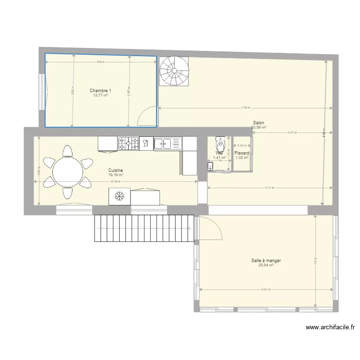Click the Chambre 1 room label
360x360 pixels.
pyautogui.click(x=100, y=91)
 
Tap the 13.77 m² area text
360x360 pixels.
pyautogui.click(x=100, y=95)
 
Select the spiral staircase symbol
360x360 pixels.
pyautogui.click(x=174, y=71)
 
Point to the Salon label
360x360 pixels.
pyautogui.click(x=258, y=123)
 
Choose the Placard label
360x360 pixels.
pyautogui.click(x=241, y=153)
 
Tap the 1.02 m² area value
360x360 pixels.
pyautogui.click(x=241, y=157)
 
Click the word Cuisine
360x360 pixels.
pyautogui.click(x=116, y=170)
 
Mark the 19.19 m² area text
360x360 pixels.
pyautogui.click(x=116, y=175)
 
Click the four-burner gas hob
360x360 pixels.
pyautogui.click(x=128, y=143)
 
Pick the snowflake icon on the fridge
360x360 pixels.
pyautogui.click(x=120, y=196)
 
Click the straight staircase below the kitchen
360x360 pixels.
pyautogui.click(x=144, y=228)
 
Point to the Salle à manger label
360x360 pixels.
pyautogui.click(x=266, y=261)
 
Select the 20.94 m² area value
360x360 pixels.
pyautogui.click(x=266, y=265)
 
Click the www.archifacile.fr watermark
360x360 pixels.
pyautogui.click(x=331, y=328)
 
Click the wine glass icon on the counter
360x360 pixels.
pyautogui.click(x=145, y=143)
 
